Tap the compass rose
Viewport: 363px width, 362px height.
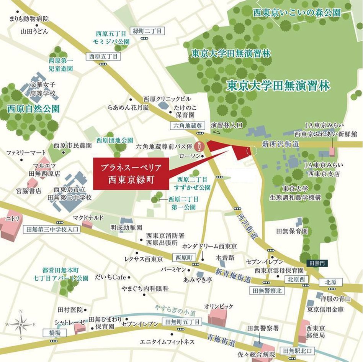[21, 324]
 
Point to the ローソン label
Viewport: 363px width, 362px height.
[190, 156]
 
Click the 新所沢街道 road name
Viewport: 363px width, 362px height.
[280, 144]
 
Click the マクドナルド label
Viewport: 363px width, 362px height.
[88, 218]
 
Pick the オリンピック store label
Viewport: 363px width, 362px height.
[219, 307]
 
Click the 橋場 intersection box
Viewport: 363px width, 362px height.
[55, 333]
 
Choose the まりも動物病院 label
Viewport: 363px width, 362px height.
[29, 19]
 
